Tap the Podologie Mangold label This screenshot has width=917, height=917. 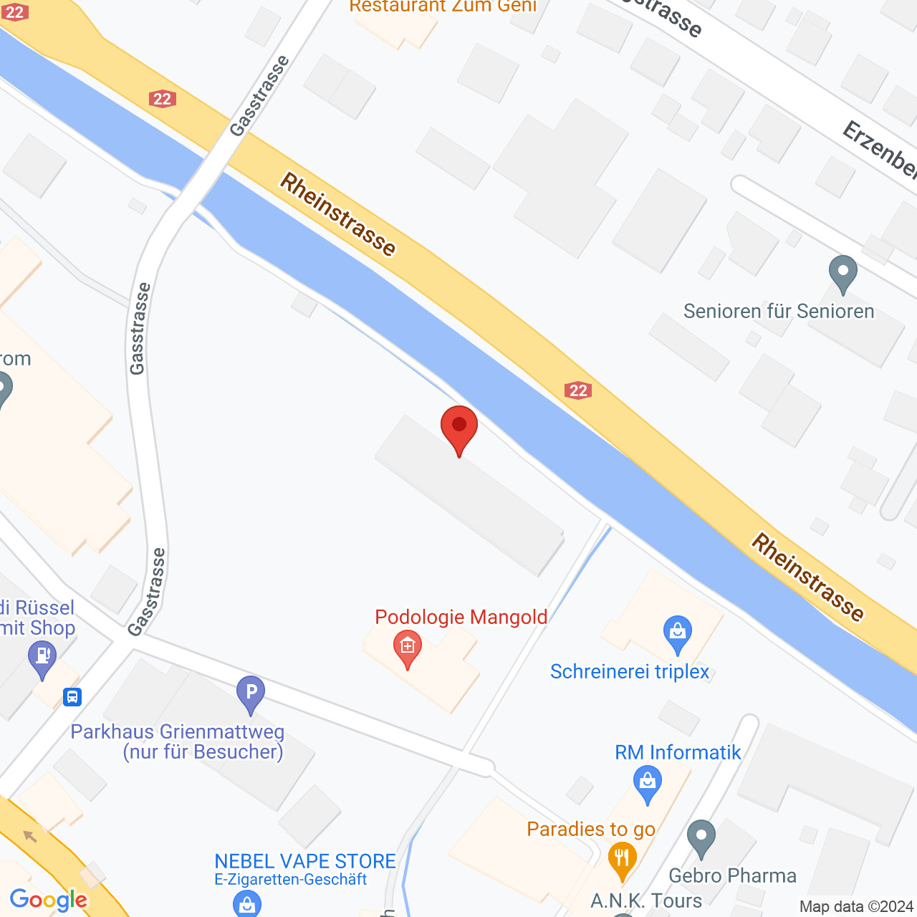tap(461, 617)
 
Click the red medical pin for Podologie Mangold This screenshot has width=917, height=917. tap(408, 648)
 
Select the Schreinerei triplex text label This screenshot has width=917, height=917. tap(629, 671)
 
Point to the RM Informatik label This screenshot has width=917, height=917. tap(678, 752)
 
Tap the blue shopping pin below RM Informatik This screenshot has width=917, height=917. tap(647, 783)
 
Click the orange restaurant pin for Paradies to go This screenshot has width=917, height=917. tap(622, 860)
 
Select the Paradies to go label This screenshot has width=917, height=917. tap(591, 829)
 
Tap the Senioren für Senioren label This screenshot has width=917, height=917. tap(779, 311)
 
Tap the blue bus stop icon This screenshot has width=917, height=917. tap(72, 696)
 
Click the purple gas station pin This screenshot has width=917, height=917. tap(42, 658)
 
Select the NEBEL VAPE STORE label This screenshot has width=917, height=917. tap(305, 861)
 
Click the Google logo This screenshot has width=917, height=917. tap(49, 900)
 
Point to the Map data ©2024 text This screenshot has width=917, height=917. tap(856, 907)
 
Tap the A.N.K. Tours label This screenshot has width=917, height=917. tap(646, 901)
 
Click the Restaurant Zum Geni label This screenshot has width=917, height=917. tap(443, 6)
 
